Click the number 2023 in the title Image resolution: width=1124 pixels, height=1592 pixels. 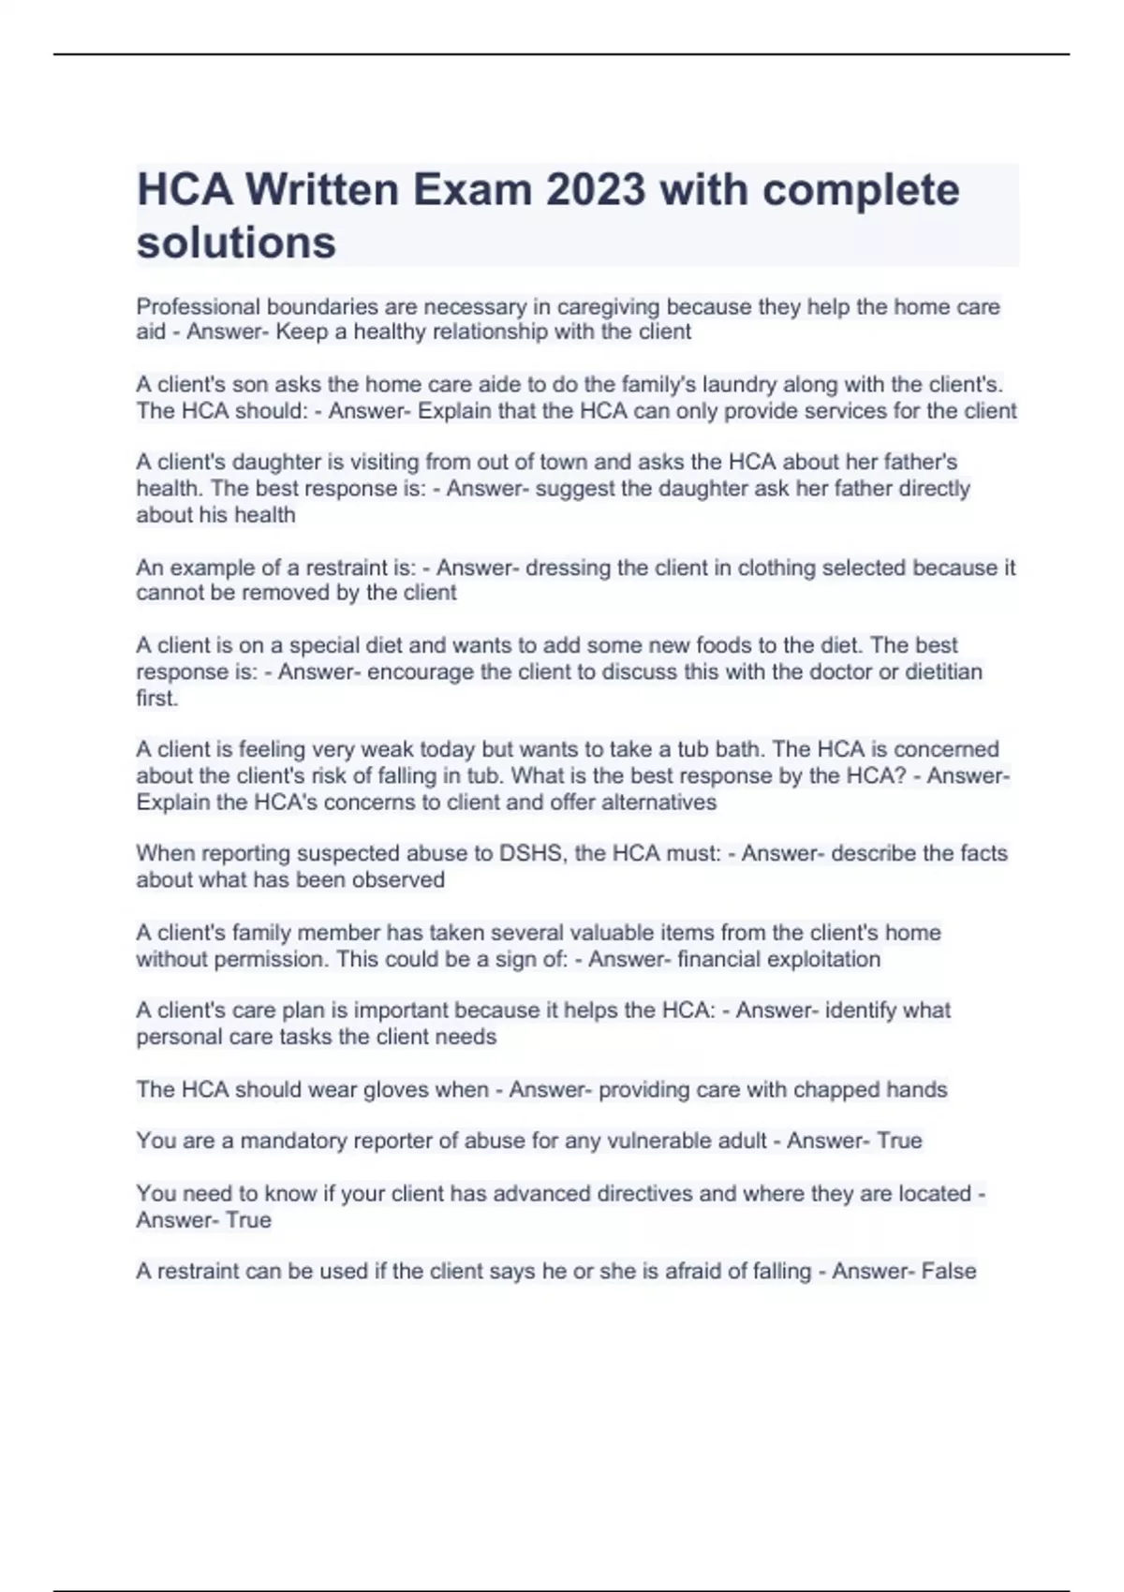click(x=596, y=190)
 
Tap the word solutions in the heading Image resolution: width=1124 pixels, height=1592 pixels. click(x=236, y=243)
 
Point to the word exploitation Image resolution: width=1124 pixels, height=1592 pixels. click(x=823, y=959)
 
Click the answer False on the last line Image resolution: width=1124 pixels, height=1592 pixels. click(x=949, y=1272)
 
